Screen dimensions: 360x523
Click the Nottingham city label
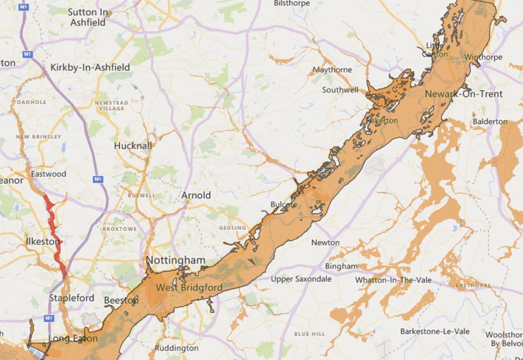point(175,260)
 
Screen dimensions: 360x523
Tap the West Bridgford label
point(189,288)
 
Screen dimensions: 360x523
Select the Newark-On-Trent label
point(463,94)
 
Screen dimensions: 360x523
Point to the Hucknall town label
point(133,146)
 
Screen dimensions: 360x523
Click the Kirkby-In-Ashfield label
point(90,68)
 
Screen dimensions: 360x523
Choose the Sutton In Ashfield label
point(88,17)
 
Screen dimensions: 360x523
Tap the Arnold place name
point(196,195)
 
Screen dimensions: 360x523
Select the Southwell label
point(340,90)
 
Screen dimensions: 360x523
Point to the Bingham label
point(341,266)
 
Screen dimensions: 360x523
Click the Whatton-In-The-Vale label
point(393,280)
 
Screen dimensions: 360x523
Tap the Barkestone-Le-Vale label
point(435,331)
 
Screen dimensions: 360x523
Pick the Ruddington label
point(177,348)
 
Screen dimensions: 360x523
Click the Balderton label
point(490,122)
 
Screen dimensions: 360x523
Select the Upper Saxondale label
point(301,279)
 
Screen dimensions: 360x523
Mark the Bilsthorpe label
point(292,3)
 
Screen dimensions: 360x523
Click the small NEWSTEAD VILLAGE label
point(112,106)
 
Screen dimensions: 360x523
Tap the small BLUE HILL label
point(310,334)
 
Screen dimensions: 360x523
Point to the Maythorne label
point(332,70)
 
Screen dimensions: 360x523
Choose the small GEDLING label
point(233,228)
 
